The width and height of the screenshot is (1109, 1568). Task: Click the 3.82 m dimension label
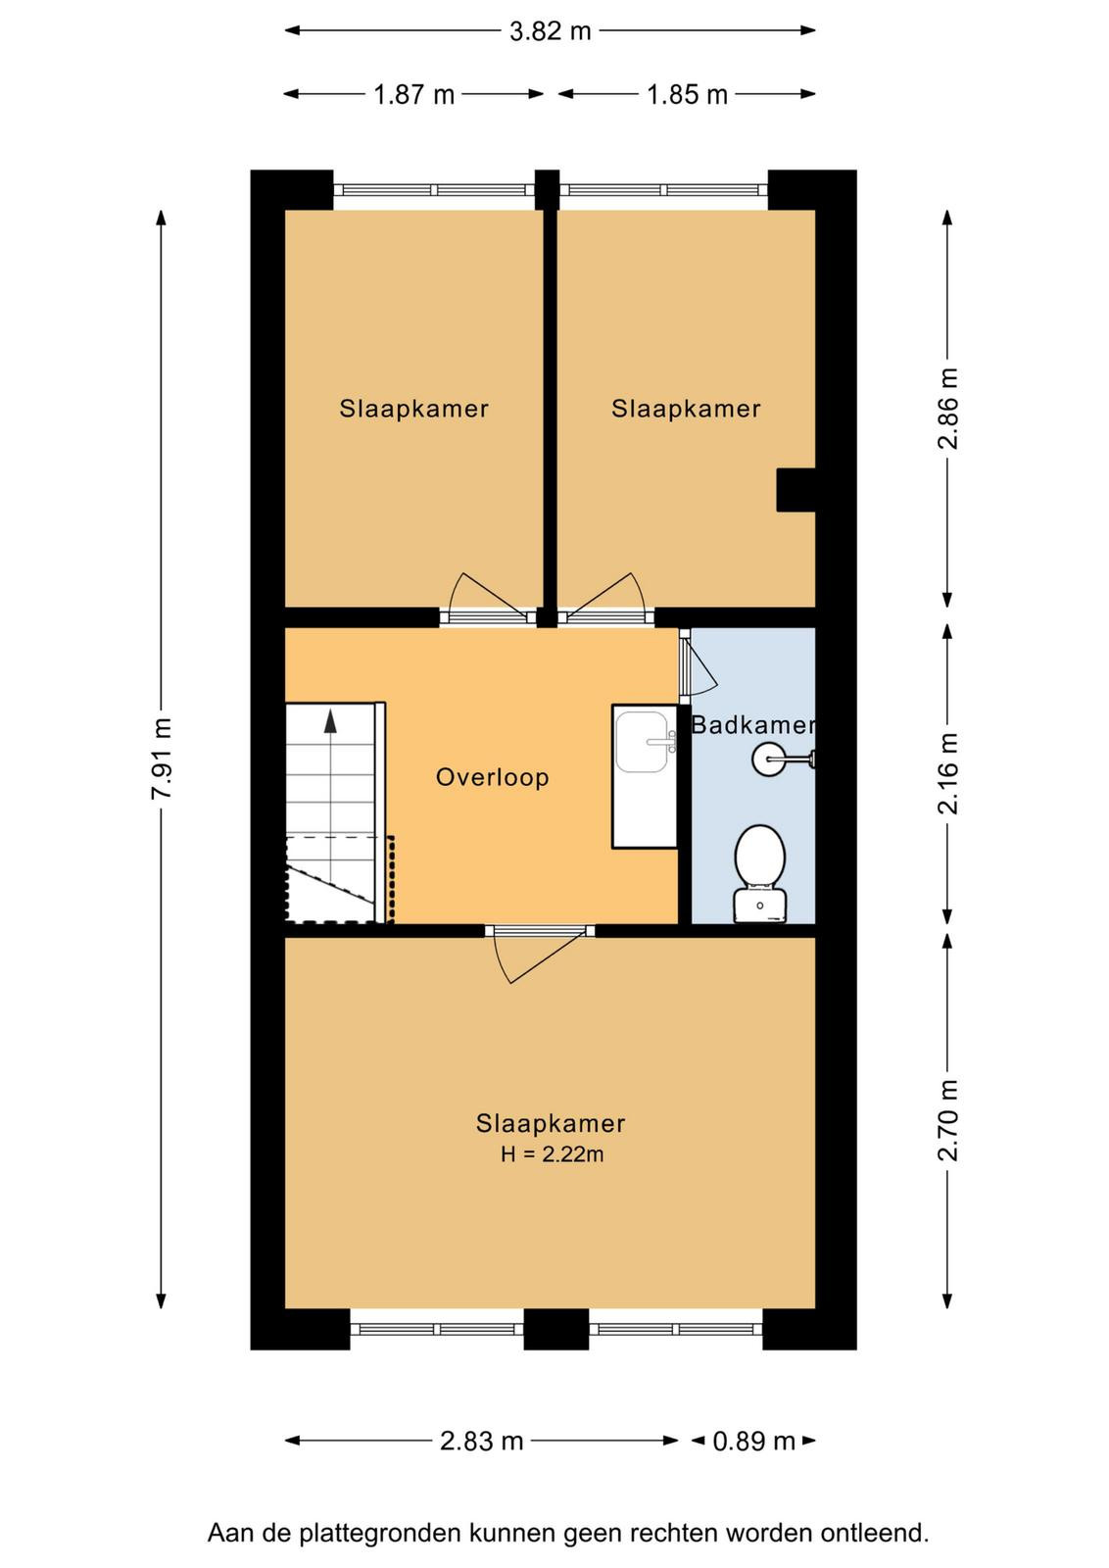coord(550,31)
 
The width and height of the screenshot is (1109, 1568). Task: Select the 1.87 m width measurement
coord(413,94)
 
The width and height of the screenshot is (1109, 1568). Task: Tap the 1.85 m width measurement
coord(687,94)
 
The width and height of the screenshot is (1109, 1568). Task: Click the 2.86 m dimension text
coord(948,409)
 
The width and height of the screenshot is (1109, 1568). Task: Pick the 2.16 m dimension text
coord(948,774)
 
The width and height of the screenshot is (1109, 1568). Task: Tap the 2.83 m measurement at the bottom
coord(481,1441)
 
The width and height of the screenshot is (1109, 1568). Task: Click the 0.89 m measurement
coord(753,1441)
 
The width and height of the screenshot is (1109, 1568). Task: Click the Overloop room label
coord(493,777)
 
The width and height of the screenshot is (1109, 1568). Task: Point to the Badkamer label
coord(752,724)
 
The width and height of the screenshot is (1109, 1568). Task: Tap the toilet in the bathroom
coord(760,874)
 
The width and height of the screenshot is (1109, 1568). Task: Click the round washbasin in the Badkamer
coord(770,759)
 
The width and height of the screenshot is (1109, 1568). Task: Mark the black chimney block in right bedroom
coord(796,490)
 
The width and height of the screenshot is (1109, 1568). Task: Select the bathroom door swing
coord(699,664)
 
